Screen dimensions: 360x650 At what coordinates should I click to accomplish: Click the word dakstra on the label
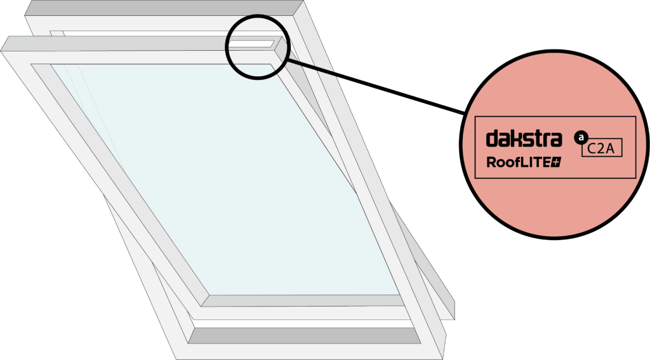coord(524,138)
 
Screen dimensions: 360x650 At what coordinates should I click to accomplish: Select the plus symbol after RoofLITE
coord(556,163)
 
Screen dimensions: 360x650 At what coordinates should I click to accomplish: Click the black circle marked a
coord(579,137)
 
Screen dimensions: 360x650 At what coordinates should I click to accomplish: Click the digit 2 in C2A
coord(602,148)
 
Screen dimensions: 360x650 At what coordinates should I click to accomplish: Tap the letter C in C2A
coord(593,148)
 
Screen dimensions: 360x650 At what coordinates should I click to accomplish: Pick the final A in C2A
coord(611,148)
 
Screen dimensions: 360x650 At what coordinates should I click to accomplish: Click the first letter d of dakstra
coord(491,138)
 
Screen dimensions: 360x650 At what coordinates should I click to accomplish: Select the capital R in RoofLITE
coord(491,162)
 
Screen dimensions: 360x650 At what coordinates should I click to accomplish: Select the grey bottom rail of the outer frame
coord(305,335)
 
